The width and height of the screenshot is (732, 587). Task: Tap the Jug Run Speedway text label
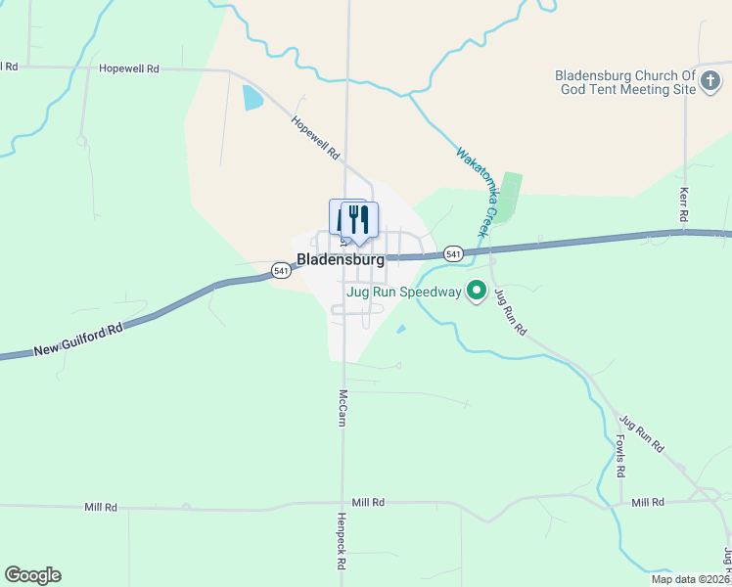point(402,292)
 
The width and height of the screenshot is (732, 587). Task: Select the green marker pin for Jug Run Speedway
point(477,291)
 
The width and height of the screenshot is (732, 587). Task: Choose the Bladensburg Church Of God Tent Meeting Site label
point(624,82)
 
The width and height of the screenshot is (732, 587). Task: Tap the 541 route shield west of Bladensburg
point(281,270)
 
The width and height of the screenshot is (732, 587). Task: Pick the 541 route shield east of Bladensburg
point(452,253)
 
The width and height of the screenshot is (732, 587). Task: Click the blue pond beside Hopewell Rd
point(252,98)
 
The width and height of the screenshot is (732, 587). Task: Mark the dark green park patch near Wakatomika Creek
point(508,197)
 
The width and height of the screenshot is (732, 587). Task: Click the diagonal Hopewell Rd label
point(315,138)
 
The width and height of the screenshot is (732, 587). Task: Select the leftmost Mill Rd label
point(101,508)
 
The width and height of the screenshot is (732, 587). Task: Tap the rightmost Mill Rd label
point(648,502)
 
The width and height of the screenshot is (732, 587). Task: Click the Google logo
point(32,575)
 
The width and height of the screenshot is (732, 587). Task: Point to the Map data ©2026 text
point(690,579)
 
